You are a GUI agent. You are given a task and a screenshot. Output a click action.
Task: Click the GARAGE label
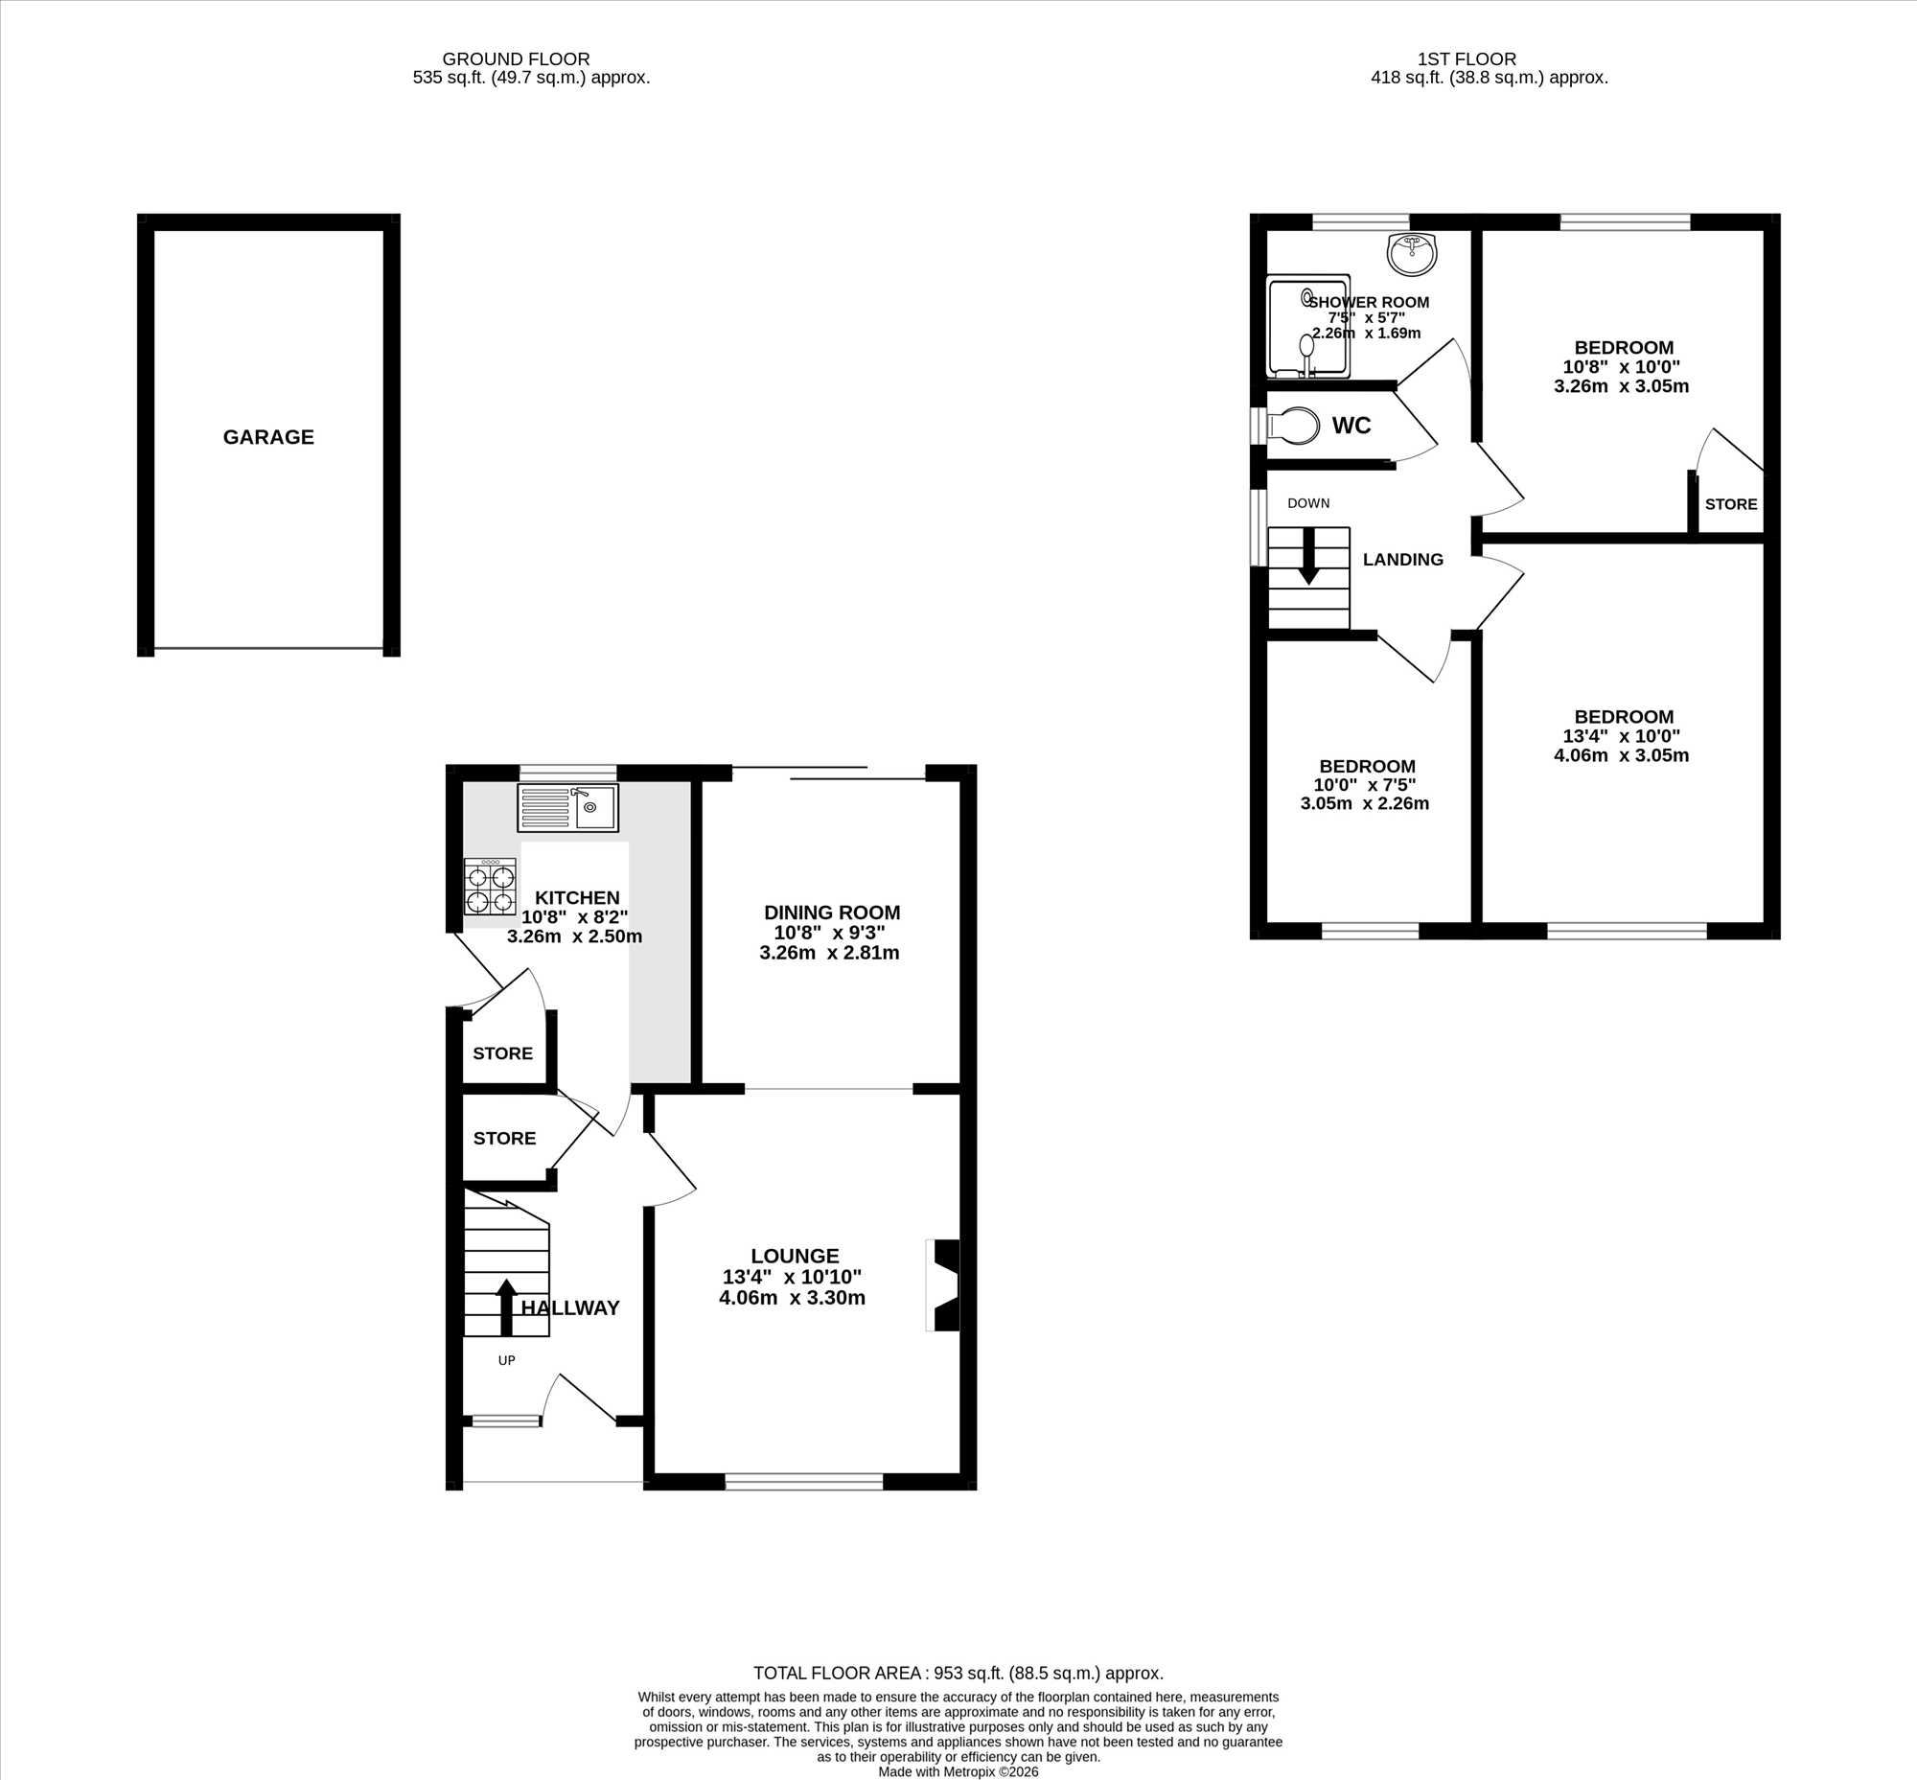click(268, 437)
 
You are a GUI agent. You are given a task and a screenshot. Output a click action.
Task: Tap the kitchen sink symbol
click(567, 807)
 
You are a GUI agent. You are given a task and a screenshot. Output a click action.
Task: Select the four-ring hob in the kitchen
click(490, 887)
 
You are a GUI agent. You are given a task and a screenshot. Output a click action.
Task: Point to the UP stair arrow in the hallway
click(506, 1307)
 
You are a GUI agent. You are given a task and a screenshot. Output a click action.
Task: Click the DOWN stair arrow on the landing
click(1308, 556)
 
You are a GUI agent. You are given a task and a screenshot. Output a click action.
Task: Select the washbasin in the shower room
click(1412, 253)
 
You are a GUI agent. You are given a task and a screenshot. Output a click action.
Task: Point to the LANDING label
click(1402, 560)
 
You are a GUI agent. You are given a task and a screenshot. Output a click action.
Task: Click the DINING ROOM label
click(832, 913)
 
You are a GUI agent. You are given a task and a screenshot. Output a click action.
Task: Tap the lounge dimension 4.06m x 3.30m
click(792, 1299)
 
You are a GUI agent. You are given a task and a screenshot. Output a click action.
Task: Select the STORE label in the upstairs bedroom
click(1731, 505)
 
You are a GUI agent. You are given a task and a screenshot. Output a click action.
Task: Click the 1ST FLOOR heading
click(1467, 59)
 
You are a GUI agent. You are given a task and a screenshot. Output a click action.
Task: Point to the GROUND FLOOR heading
click(517, 59)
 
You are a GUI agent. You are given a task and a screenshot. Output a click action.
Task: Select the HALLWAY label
click(570, 1308)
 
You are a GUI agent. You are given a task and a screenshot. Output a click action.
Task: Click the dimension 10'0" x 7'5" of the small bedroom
click(1365, 785)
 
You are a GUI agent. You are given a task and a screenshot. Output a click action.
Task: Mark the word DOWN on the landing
click(1308, 503)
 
